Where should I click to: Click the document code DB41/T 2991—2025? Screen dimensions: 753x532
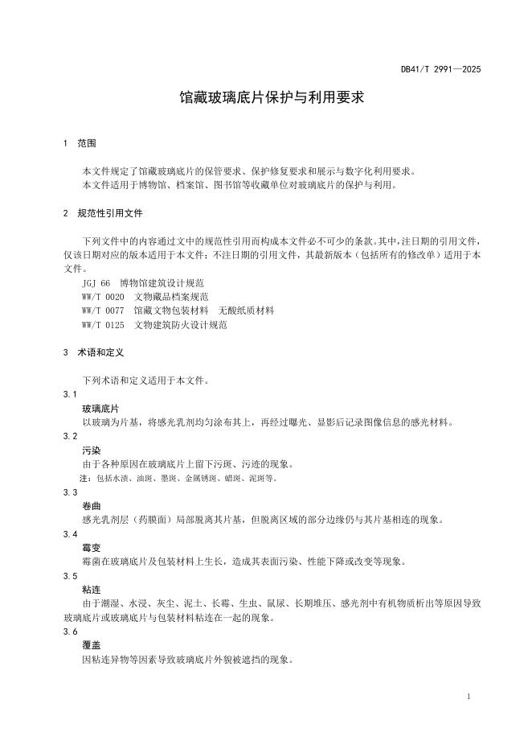[x=440, y=69]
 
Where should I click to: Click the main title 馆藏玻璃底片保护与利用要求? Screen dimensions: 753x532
[x=272, y=98]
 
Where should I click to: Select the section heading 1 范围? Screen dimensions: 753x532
[x=80, y=144]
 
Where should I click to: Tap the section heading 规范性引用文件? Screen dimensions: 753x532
[x=110, y=214]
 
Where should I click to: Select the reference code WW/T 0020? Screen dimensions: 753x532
[x=103, y=297]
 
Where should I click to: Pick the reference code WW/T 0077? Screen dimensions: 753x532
[x=103, y=310]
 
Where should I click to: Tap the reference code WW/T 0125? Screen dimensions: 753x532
[x=103, y=323]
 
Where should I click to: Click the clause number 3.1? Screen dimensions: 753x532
[x=70, y=394]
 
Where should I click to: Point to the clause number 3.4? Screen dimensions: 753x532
[x=70, y=533]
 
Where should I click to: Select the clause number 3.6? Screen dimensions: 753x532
[x=70, y=632]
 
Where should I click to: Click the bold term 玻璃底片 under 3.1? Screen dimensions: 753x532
[x=100, y=408]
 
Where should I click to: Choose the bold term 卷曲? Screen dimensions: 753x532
[x=91, y=506]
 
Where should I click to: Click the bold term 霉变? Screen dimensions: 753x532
[x=91, y=548]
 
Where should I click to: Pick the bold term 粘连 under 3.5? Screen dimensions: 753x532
[x=91, y=590]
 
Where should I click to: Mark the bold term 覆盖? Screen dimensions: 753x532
[x=91, y=645]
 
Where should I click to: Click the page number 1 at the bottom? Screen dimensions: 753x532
[x=468, y=696]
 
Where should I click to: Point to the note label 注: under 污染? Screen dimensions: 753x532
[x=86, y=478]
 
